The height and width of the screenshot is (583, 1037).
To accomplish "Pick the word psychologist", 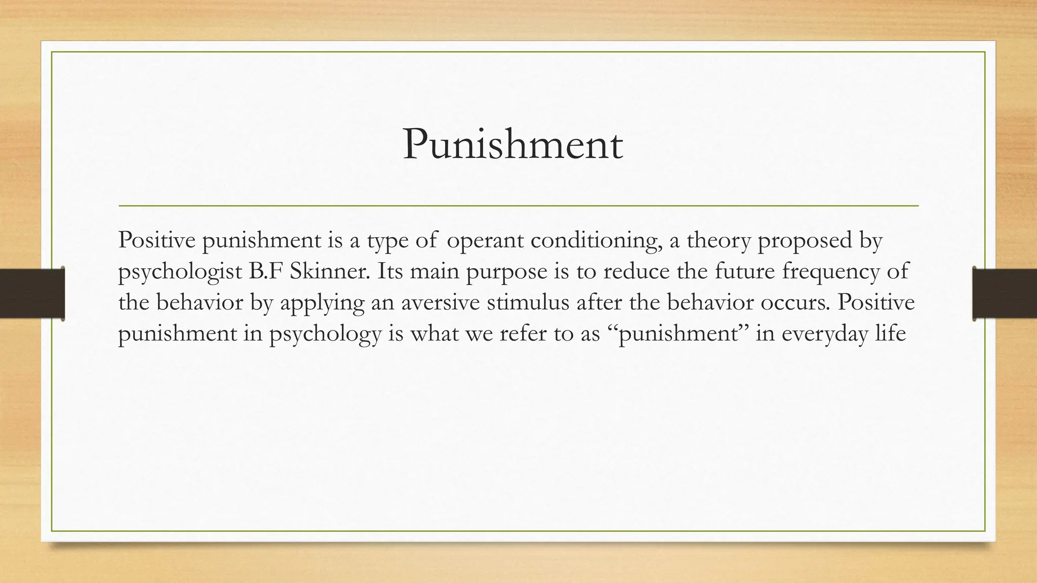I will (x=180, y=272).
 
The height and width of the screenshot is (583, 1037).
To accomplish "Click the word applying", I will (x=323, y=304).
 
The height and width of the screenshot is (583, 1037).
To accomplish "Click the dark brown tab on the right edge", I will (x=1005, y=294).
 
